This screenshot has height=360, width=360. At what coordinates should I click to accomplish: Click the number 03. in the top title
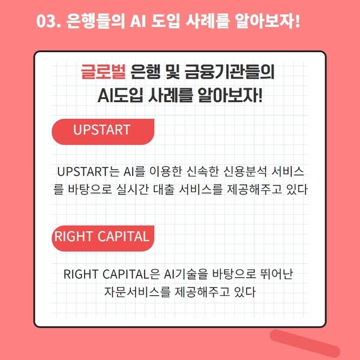(49, 21)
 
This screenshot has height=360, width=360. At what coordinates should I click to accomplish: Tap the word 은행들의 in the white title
(95, 21)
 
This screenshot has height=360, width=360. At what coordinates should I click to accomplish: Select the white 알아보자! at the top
(268, 21)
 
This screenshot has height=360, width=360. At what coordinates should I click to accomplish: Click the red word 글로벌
(103, 72)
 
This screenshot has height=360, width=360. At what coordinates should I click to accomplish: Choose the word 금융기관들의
(230, 72)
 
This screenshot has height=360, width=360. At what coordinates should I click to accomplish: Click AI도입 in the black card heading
(121, 95)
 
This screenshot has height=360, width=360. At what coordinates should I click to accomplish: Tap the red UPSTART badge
(103, 132)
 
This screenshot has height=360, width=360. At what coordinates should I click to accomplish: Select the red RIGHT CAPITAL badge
(103, 238)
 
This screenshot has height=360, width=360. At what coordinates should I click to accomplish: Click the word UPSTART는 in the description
(88, 172)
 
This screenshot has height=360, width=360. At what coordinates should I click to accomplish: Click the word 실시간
(132, 190)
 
